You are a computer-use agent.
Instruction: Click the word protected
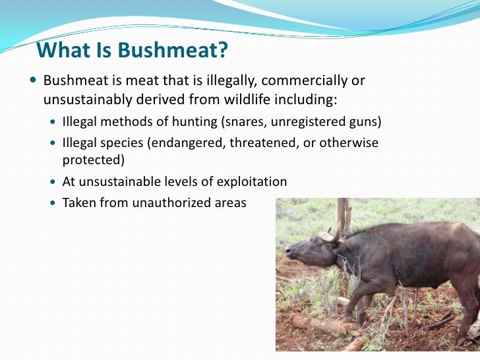[93, 160]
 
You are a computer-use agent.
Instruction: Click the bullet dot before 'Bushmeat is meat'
[34, 81]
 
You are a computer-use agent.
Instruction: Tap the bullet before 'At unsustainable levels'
[54, 181]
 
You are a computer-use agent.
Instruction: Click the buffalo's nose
[288, 253]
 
